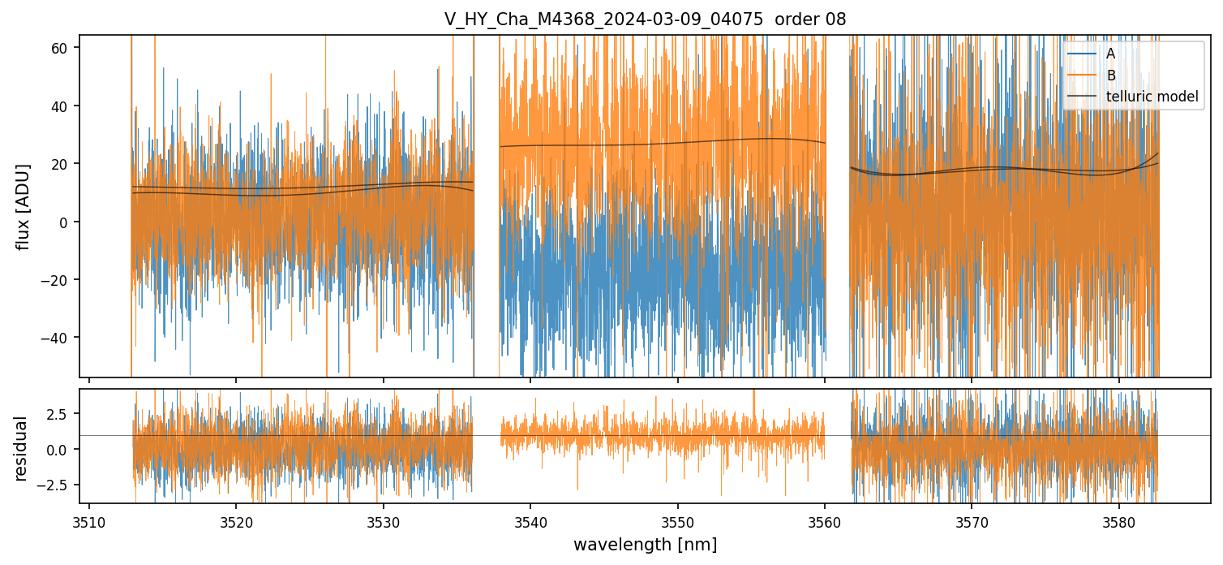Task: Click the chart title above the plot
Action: (645, 19)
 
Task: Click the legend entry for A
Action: (1111, 54)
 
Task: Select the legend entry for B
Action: (1111, 75)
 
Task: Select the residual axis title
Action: (21, 448)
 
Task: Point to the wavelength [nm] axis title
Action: (645, 544)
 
